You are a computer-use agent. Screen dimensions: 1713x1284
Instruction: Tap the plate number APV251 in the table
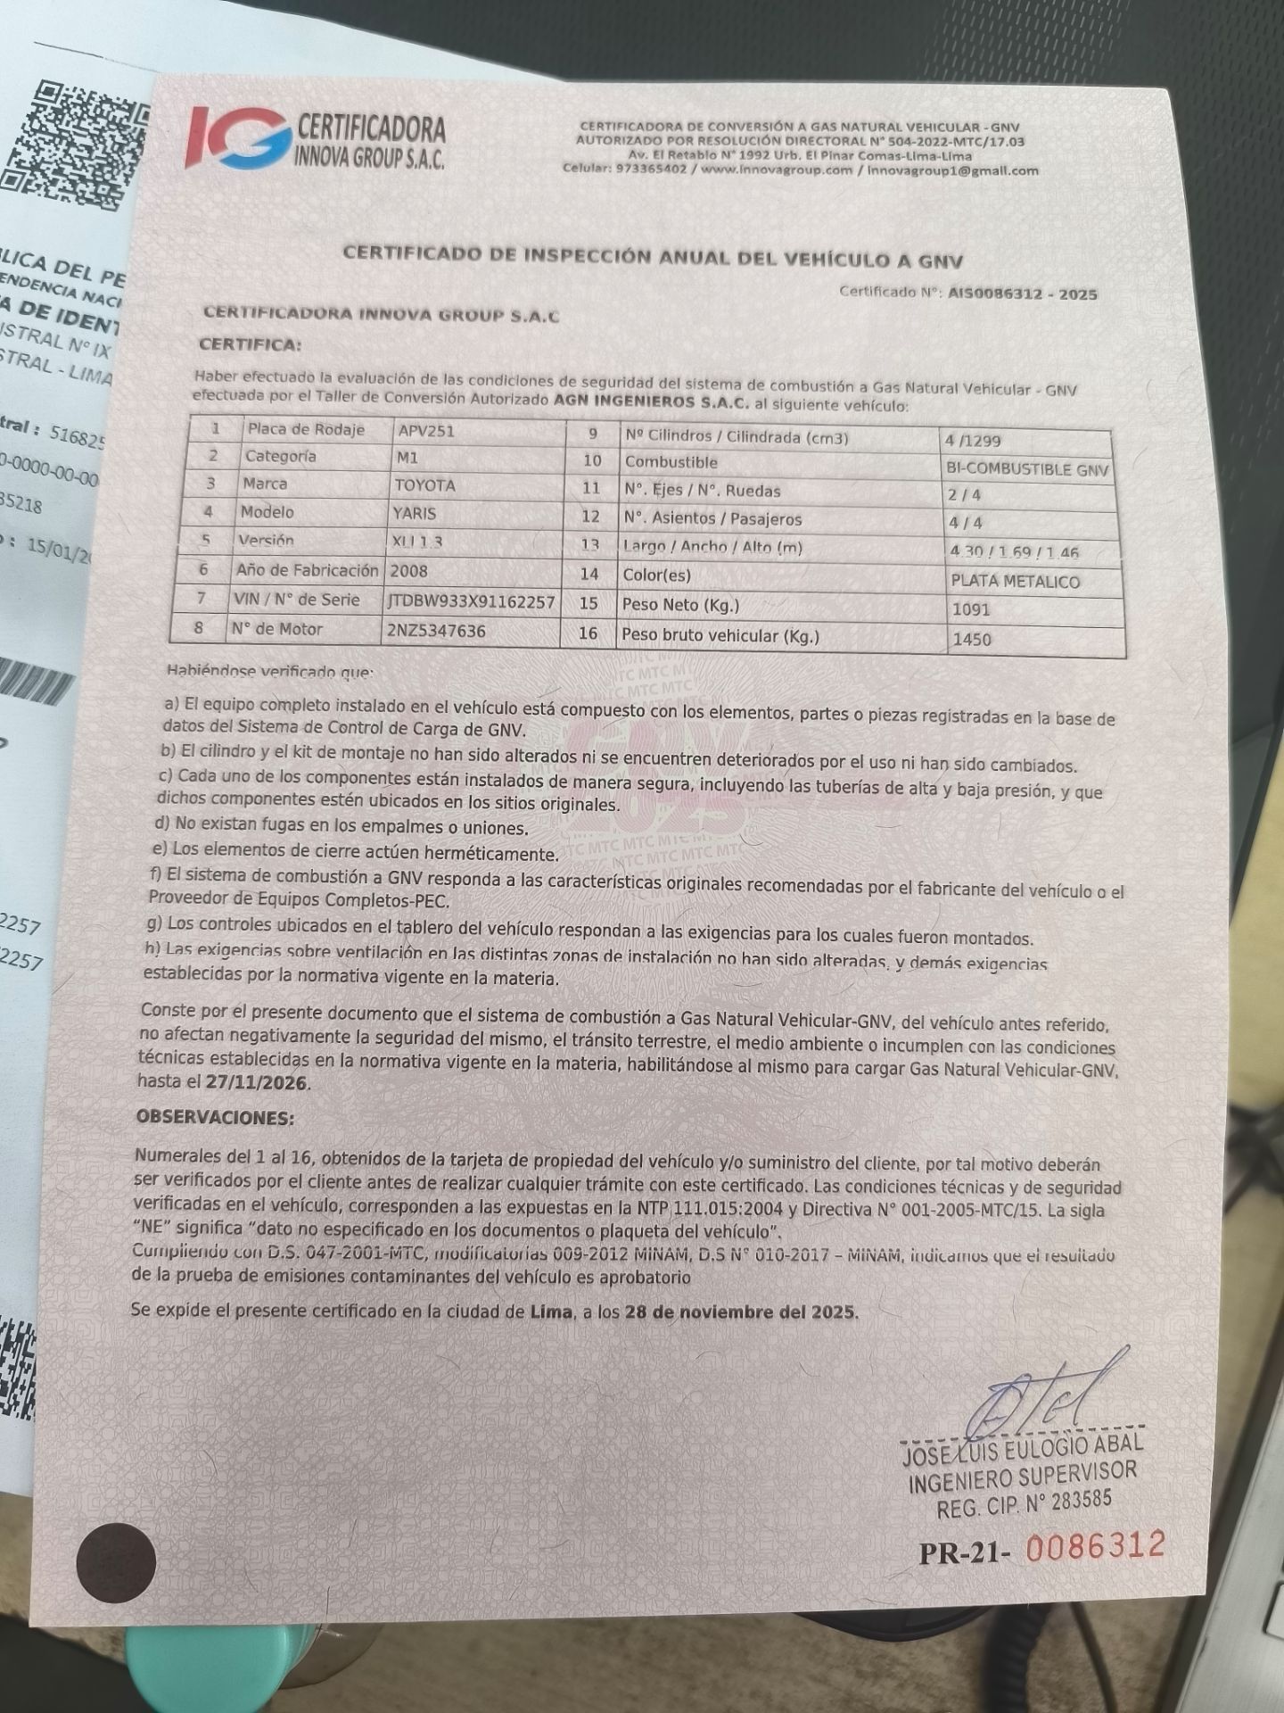pos(426,431)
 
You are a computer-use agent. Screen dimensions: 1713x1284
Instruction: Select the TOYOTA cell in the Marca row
pos(424,485)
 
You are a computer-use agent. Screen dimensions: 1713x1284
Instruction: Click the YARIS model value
pos(415,513)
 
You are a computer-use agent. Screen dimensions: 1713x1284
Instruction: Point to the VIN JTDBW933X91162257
pos(471,601)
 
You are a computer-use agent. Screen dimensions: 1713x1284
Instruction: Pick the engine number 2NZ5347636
pos(436,631)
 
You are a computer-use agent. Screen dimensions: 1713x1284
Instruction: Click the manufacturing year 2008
pos(408,571)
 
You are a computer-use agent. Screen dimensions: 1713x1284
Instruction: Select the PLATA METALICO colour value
pos(1016,582)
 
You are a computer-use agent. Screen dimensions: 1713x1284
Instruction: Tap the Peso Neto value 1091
pos(971,610)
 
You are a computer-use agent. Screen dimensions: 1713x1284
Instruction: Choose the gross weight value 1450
pos(971,639)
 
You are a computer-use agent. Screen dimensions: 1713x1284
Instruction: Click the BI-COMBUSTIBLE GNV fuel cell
pos(1026,469)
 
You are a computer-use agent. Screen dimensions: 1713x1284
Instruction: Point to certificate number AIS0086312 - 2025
pos(1022,294)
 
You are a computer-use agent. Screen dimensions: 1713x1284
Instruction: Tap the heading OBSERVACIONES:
pos(214,1117)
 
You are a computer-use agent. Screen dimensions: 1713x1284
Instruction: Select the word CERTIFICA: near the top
pos(250,344)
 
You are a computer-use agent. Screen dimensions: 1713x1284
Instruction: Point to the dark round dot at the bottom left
pos(116,1561)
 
